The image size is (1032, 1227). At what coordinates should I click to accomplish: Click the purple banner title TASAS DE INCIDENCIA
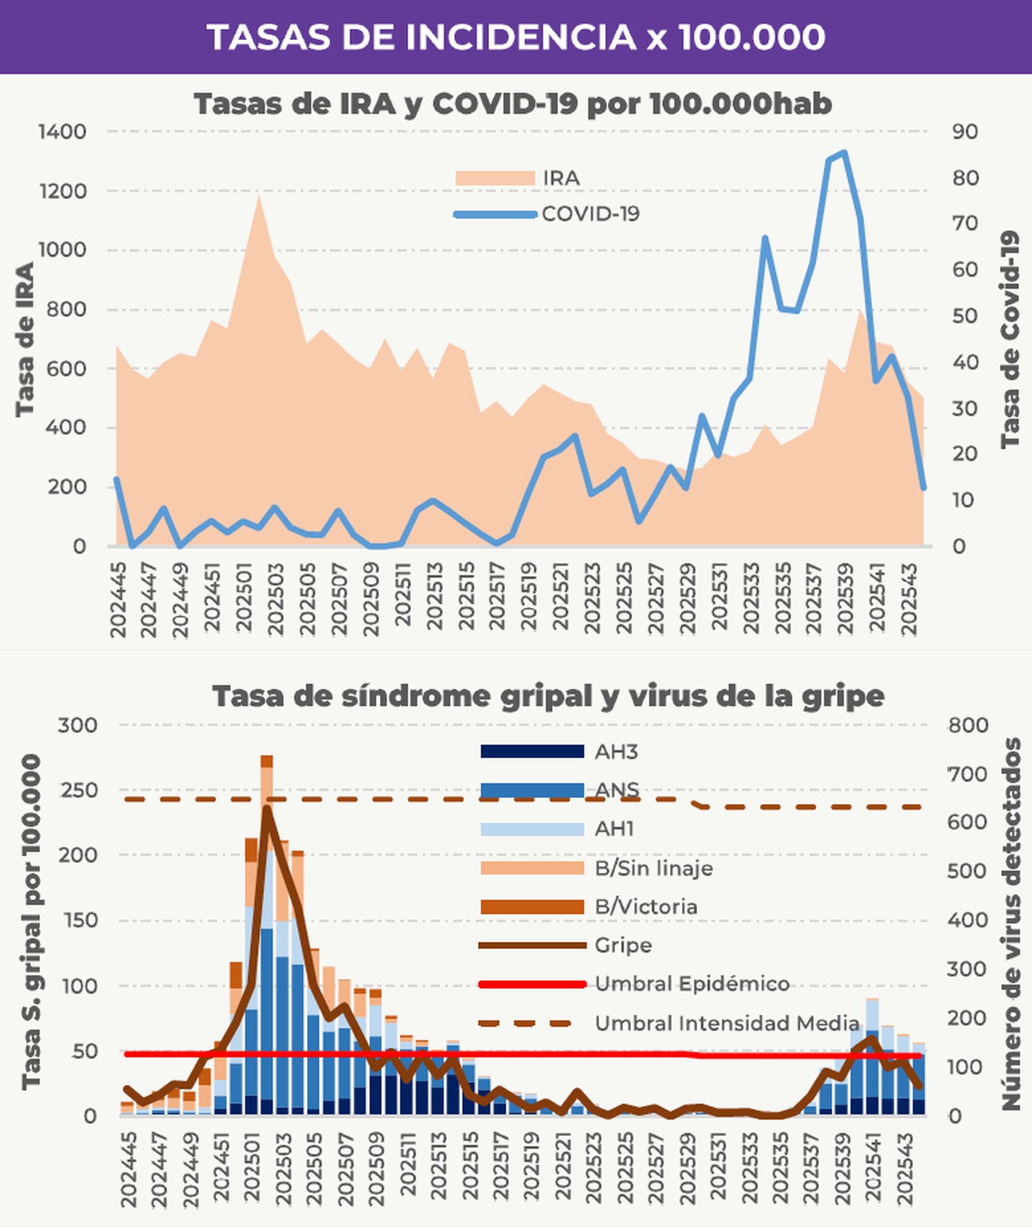tap(516, 37)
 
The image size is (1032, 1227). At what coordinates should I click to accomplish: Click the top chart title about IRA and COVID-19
tap(513, 104)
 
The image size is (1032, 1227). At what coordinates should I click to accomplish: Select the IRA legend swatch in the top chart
tap(495, 178)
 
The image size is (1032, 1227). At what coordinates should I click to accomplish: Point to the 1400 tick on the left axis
tap(62, 132)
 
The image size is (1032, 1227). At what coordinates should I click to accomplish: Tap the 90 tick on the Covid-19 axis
tap(965, 132)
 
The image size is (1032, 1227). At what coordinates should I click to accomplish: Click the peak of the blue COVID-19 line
tap(844, 154)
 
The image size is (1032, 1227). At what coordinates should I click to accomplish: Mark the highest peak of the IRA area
tap(259, 197)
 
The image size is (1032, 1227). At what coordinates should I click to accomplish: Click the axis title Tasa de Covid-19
tap(1010, 339)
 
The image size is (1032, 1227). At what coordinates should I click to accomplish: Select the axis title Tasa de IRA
tap(25, 339)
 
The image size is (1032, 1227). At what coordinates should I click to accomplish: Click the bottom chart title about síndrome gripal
tap(548, 696)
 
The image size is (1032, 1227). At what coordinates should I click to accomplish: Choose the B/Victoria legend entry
tap(645, 906)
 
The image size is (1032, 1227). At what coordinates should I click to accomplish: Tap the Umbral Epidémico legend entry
tap(691, 984)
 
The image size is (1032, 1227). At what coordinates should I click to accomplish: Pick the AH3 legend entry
tap(616, 752)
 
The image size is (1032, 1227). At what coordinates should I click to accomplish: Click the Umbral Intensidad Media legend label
tap(726, 1023)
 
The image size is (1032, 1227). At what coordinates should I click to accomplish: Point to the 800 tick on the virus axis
tap(967, 725)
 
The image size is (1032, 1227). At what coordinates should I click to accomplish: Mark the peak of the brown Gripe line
tap(266, 809)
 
